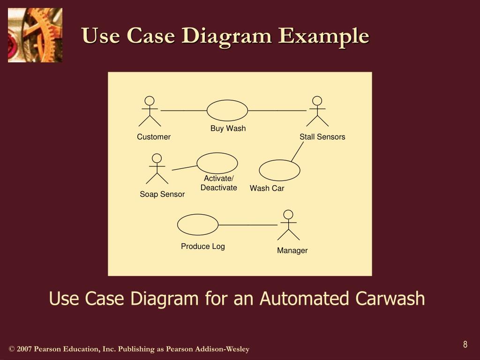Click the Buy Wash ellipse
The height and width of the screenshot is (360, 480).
coord(227,111)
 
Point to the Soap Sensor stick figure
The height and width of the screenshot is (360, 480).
coord(157,169)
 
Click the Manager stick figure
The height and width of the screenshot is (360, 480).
coord(289,225)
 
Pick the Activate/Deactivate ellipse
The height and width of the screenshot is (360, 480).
coord(217,163)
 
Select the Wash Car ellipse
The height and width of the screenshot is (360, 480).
coord(279,171)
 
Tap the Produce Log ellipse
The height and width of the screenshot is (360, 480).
coord(198,225)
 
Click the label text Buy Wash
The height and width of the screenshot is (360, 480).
coord(228,128)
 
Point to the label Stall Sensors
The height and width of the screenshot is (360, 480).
coord(322,137)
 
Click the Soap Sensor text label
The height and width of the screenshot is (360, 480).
coord(162,194)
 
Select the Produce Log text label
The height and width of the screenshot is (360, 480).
coord(203,246)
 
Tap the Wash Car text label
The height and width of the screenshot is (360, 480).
coord(267,188)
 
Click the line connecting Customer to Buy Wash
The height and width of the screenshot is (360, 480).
coord(184,111)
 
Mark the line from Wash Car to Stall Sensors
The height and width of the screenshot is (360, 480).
coord(297,152)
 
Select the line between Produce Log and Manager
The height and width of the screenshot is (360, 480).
coord(247,225)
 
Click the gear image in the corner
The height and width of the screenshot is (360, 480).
coord(35,35)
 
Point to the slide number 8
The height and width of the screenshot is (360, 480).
coord(465,345)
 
